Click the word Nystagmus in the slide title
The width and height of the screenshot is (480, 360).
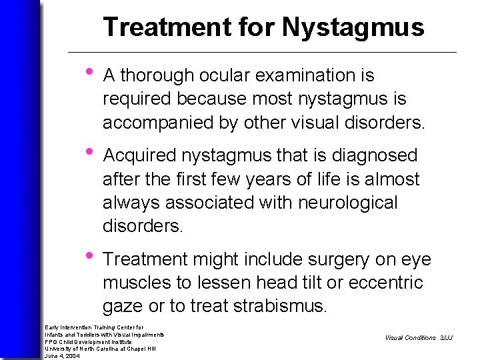(x=353, y=27)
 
